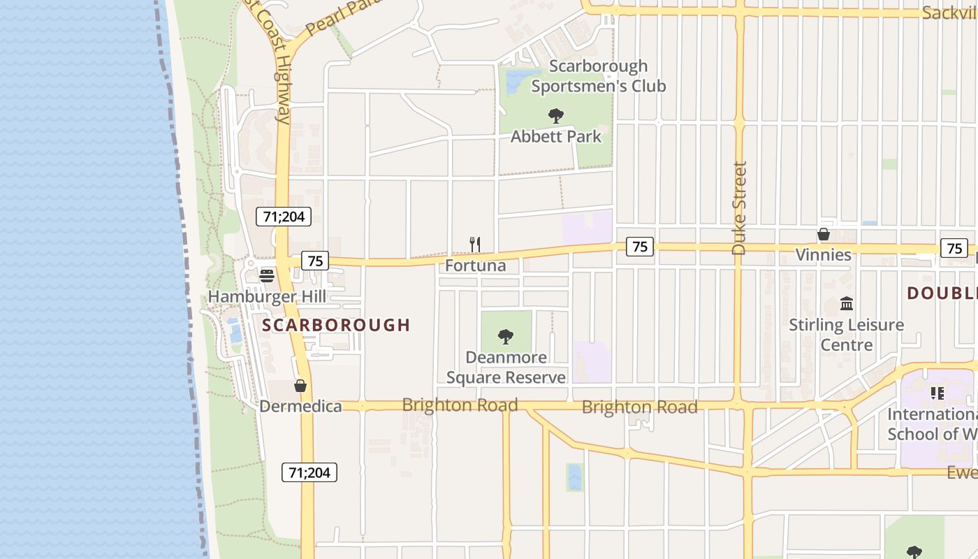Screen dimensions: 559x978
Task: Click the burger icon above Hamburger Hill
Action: click(266, 275)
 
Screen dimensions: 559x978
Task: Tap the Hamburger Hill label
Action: click(267, 296)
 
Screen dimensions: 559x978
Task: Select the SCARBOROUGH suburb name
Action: click(336, 325)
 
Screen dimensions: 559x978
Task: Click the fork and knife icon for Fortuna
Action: click(474, 244)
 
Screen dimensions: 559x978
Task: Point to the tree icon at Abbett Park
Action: click(556, 115)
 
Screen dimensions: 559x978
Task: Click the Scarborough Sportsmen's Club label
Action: click(598, 76)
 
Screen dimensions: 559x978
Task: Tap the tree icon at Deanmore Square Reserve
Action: click(506, 337)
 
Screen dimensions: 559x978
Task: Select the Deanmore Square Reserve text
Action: click(506, 368)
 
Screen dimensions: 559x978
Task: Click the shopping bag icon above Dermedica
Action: click(300, 386)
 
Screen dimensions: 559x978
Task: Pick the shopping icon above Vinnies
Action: click(824, 234)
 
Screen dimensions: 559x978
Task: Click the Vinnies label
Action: click(824, 254)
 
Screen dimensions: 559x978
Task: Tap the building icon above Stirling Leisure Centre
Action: click(847, 303)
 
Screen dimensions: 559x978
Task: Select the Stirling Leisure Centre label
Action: click(847, 335)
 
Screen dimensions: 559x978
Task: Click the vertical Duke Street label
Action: click(740, 208)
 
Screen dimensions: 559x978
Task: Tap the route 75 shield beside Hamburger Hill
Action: click(315, 261)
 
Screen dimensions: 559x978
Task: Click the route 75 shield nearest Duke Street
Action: click(640, 246)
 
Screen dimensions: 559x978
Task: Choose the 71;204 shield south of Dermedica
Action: click(309, 472)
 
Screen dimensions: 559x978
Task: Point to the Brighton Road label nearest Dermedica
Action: click(460, 405)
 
